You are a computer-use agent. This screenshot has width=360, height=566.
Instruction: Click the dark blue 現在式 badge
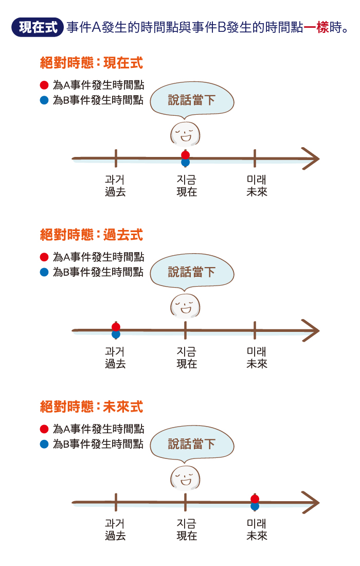[38, 27]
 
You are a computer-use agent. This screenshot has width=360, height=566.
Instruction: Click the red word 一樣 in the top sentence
[316, 27]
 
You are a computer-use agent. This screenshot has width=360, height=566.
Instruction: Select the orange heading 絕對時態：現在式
[91, 63]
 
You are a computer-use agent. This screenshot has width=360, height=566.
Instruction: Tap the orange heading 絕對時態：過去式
[91, 235]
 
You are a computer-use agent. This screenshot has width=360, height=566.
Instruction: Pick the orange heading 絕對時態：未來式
[91, 407]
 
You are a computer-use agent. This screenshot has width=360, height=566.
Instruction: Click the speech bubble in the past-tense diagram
[192, 272]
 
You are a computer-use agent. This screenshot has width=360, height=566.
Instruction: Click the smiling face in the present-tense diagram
[185, 134]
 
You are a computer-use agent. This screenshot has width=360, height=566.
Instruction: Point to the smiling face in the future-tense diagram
[185, 478]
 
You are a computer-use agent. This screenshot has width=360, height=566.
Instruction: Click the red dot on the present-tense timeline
[186, 155]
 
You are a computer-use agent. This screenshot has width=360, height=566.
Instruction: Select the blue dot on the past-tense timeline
[116, 334]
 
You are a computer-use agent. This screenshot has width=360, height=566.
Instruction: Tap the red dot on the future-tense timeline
[255, 499]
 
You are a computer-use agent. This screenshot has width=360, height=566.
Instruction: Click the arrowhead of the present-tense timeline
[310, 158]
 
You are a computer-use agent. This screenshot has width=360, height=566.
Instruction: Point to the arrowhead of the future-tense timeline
[310, 502]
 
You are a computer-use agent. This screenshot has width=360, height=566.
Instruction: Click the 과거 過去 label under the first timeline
[115, 186]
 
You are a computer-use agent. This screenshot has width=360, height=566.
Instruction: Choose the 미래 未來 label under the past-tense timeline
[257, 358]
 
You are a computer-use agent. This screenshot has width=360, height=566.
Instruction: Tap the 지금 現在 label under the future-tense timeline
[187, 529]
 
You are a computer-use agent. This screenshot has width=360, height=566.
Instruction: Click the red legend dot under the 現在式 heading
[44, 85]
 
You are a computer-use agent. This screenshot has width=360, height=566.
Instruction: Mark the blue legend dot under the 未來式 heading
[44, 444]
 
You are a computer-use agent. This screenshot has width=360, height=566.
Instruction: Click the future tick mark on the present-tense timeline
[255, 158]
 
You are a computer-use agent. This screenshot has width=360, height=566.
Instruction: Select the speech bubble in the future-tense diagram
[192, 444]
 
